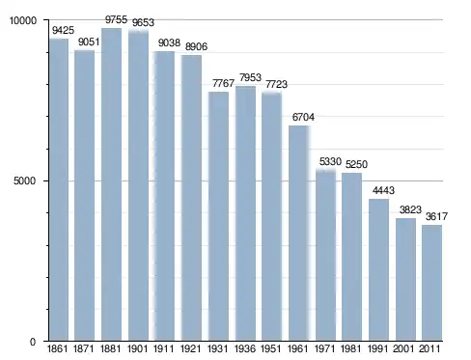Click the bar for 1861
[59, 190]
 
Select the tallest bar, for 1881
[111, 184]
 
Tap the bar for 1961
[299, 234]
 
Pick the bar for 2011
[431, 283]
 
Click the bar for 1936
[245, 213]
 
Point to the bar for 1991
[378, 270]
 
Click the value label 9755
[116, 19]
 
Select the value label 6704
[303, 117]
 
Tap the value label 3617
[436, 216]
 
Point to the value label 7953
[250, 77]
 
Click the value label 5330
[330, 161]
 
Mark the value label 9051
[89, 42]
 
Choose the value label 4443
[383, 190]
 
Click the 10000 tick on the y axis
[23, 20]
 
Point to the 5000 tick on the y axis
[24, 181]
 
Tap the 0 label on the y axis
[33, 342]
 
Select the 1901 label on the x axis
[137, 348]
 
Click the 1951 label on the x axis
[270, 348]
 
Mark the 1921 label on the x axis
[191, 348]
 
